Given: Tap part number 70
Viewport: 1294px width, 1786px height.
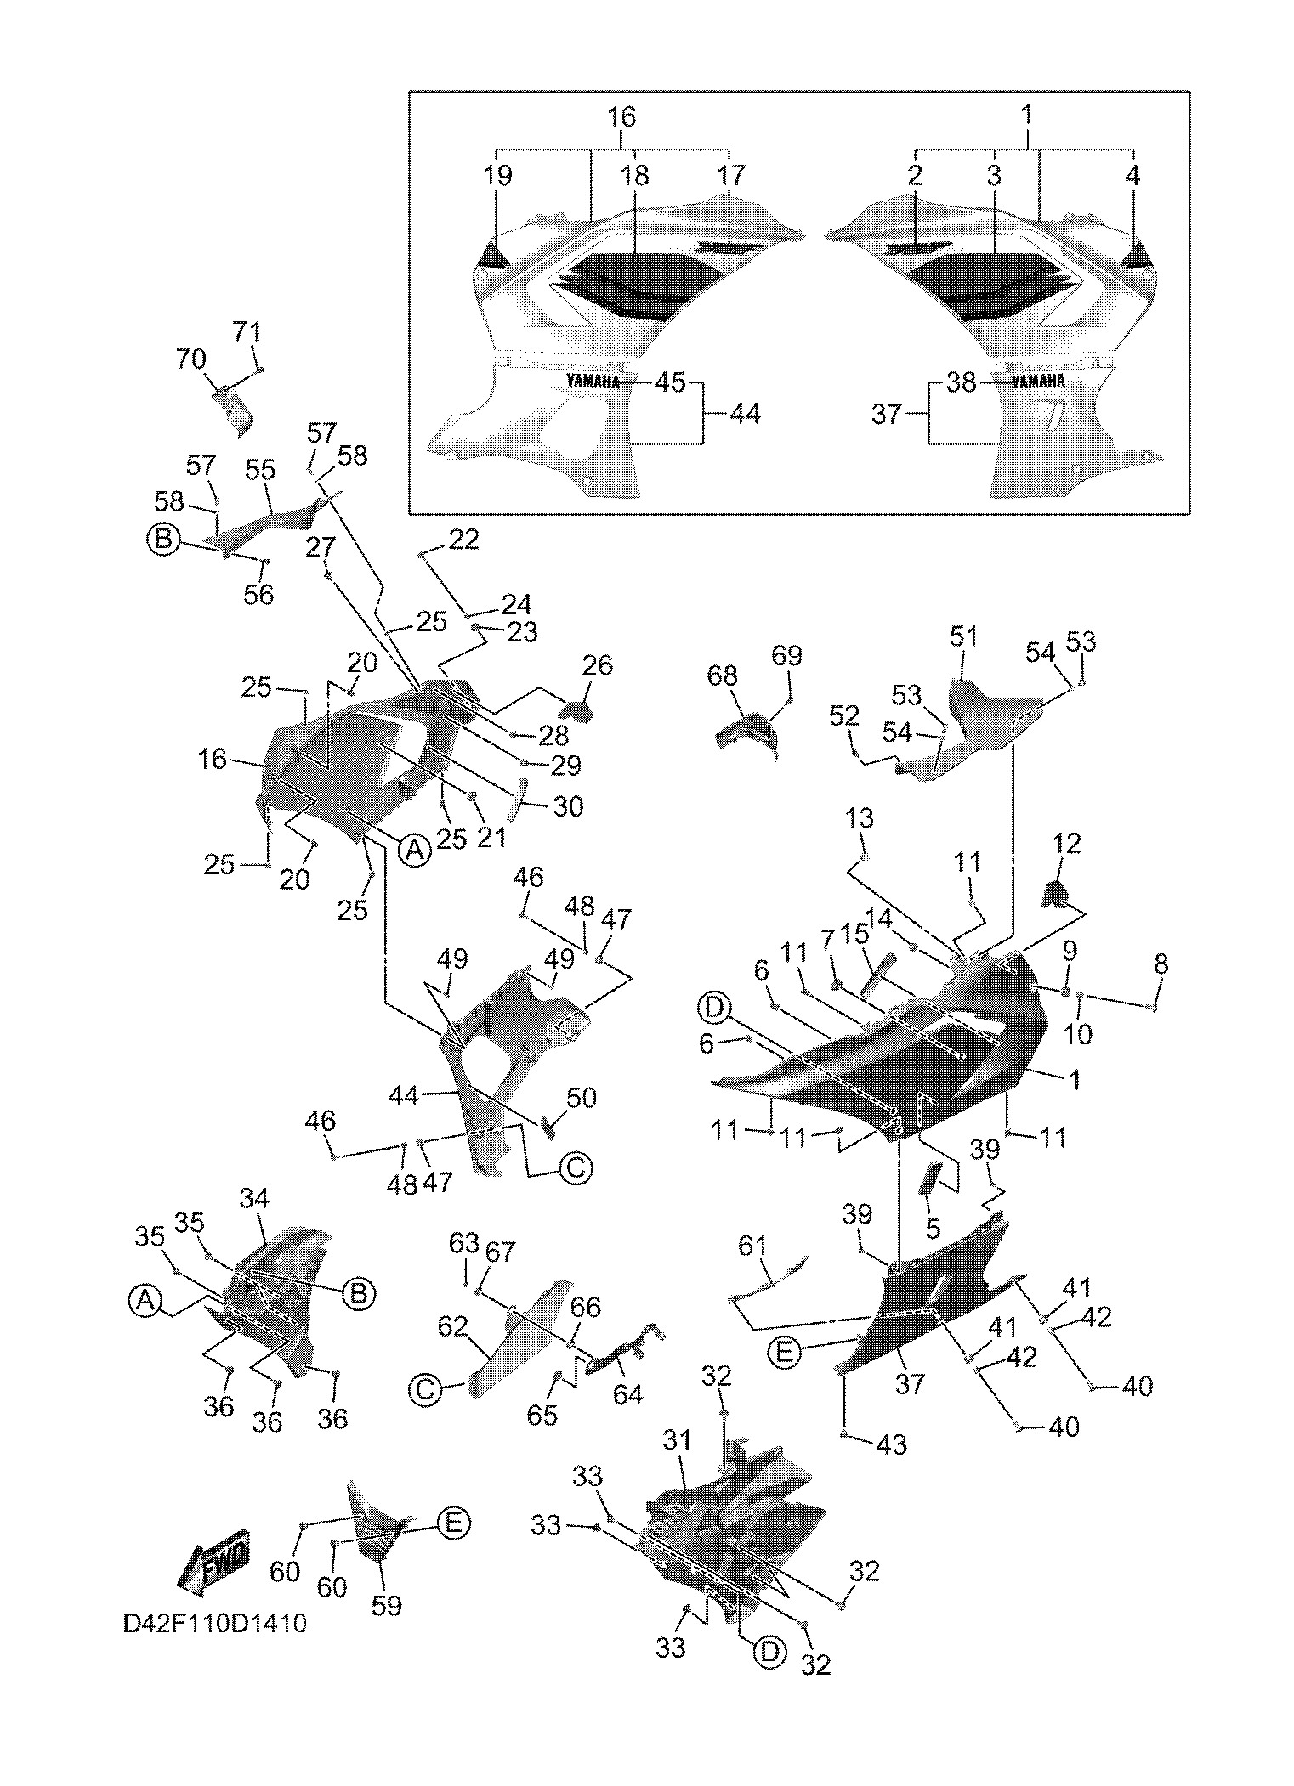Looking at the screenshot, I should (191, 359).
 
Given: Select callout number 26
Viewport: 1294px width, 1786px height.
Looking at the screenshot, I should (597, 665).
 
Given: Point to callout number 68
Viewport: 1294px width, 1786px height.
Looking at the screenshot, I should (723, 676).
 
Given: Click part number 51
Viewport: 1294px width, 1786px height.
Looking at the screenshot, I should (963, 636).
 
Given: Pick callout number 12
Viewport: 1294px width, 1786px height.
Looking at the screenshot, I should (1066, 844).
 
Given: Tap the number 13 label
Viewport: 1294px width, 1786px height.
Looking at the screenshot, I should (860, 818).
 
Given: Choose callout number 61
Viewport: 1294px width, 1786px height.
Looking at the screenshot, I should (752, 1247).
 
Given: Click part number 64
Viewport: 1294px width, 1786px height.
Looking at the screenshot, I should (627, 1394).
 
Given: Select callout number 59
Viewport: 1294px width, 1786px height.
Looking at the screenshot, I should (387, 1605).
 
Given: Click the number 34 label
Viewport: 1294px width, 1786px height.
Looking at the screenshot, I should (254, 1198).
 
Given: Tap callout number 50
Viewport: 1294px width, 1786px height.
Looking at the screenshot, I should (582, 1098).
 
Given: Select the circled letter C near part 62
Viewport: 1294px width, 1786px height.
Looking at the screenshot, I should (425, 1389).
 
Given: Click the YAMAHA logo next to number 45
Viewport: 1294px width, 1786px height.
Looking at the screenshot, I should (593, 381).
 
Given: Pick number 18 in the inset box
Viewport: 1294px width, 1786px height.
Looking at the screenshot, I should (635, 176).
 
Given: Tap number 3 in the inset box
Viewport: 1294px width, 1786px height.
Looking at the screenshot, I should (994, 176).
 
